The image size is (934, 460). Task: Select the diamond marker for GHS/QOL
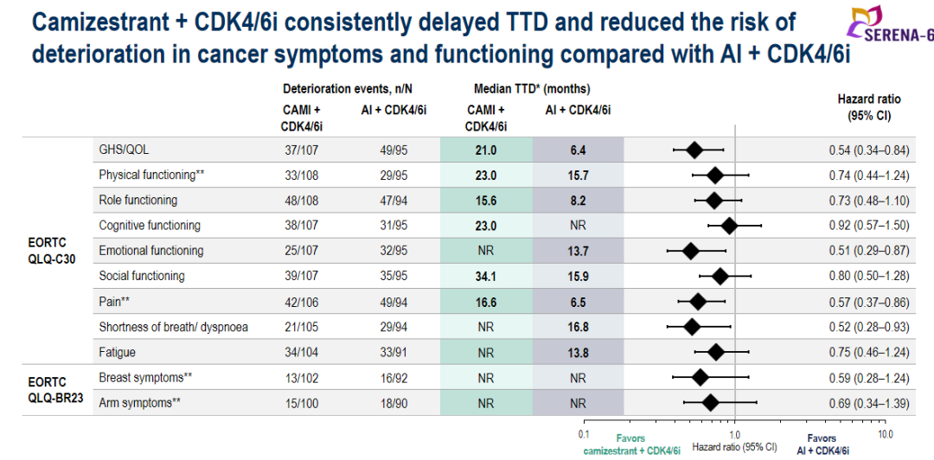click(x=694, y=150)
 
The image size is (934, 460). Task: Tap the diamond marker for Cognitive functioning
click(x=729, y=226)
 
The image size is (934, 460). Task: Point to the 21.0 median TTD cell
click(x=485, y=150)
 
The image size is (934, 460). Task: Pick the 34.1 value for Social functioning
click(x=485, y=276)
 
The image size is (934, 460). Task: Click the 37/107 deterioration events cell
click(x=302, y=150)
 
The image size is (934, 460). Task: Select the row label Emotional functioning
click(x=151, y=251)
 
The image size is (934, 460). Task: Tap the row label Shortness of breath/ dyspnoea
click(x=174, y=327)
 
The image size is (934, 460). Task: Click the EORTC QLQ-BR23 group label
click(x=54, y=391)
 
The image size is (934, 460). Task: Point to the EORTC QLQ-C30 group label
click(x=54, y=251)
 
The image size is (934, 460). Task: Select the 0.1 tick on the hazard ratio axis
click(x=585, y=433)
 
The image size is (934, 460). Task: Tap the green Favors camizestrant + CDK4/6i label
click(x=630, y=444)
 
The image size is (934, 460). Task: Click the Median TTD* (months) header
click(x=532, y=89)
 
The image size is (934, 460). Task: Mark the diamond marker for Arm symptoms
click(x=710, y=402)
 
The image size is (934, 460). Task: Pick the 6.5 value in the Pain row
click(x=578, y=302)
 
